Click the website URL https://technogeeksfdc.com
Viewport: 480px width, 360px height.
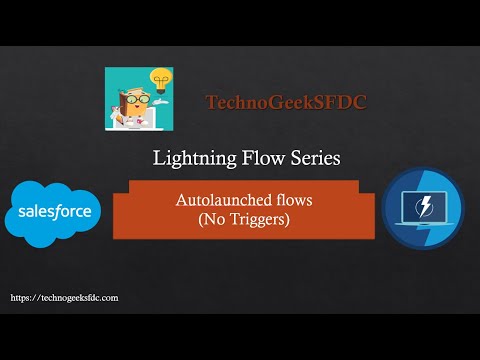(x=64, y=298)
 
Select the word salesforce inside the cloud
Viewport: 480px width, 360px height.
(x=52, y=213)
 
